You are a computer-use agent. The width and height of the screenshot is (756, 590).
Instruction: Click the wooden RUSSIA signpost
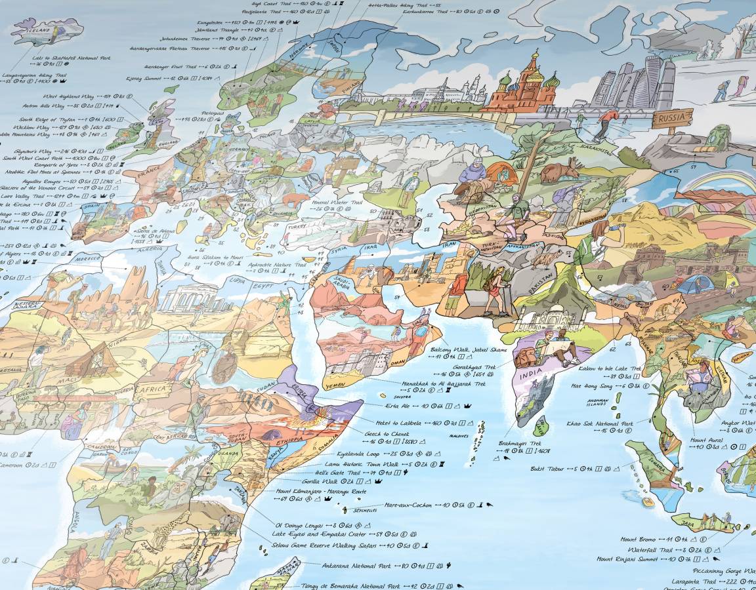tap(671, 119)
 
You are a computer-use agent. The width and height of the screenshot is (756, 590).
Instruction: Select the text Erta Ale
tap(398, 406)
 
